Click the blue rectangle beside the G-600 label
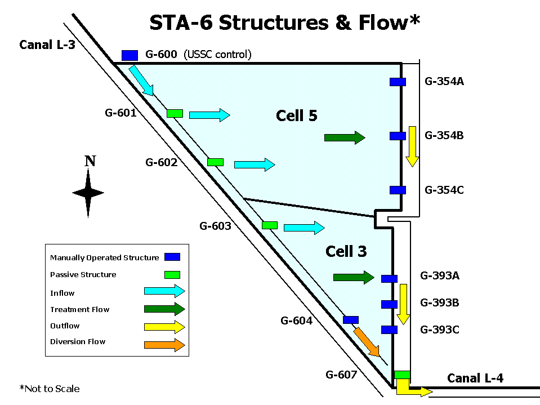[130, 55]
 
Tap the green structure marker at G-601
[175, 113]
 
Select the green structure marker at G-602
[215, 162]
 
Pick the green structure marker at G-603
[270, 225]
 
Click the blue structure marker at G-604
[351, 320]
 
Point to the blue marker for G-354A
[398, 82]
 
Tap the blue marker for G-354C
[398, 190]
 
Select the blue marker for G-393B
[389, 304]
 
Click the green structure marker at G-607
[402, 375]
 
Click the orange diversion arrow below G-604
[367, 342]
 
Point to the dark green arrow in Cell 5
[345, 138]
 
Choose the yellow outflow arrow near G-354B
[412, 146]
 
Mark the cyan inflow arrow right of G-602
[255, 164]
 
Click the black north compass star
[88, 193]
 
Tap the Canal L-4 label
[475, 378]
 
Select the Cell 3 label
[346, 251]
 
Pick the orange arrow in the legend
[164, 345]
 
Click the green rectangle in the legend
[172, 275]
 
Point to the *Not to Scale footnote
[50, 389]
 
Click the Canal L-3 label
[47, 44]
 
